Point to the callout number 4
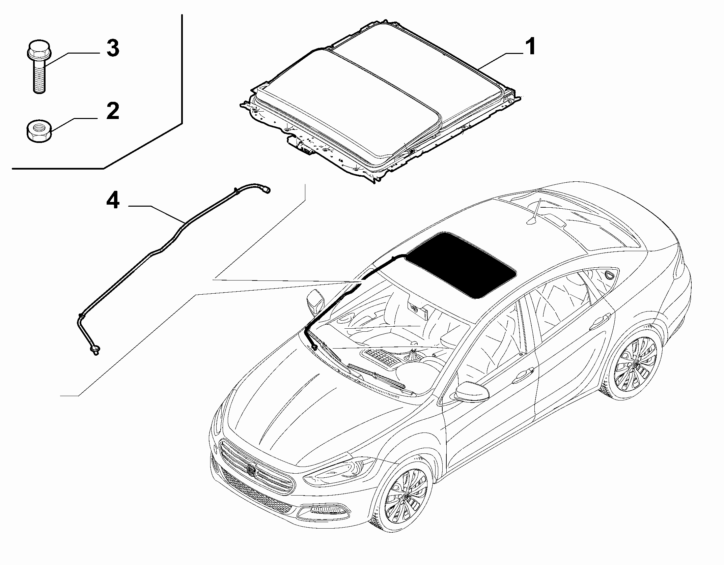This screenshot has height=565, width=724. pos(112,202)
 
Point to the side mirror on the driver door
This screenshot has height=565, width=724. pos(472,391)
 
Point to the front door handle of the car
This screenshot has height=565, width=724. pos(522,374)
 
